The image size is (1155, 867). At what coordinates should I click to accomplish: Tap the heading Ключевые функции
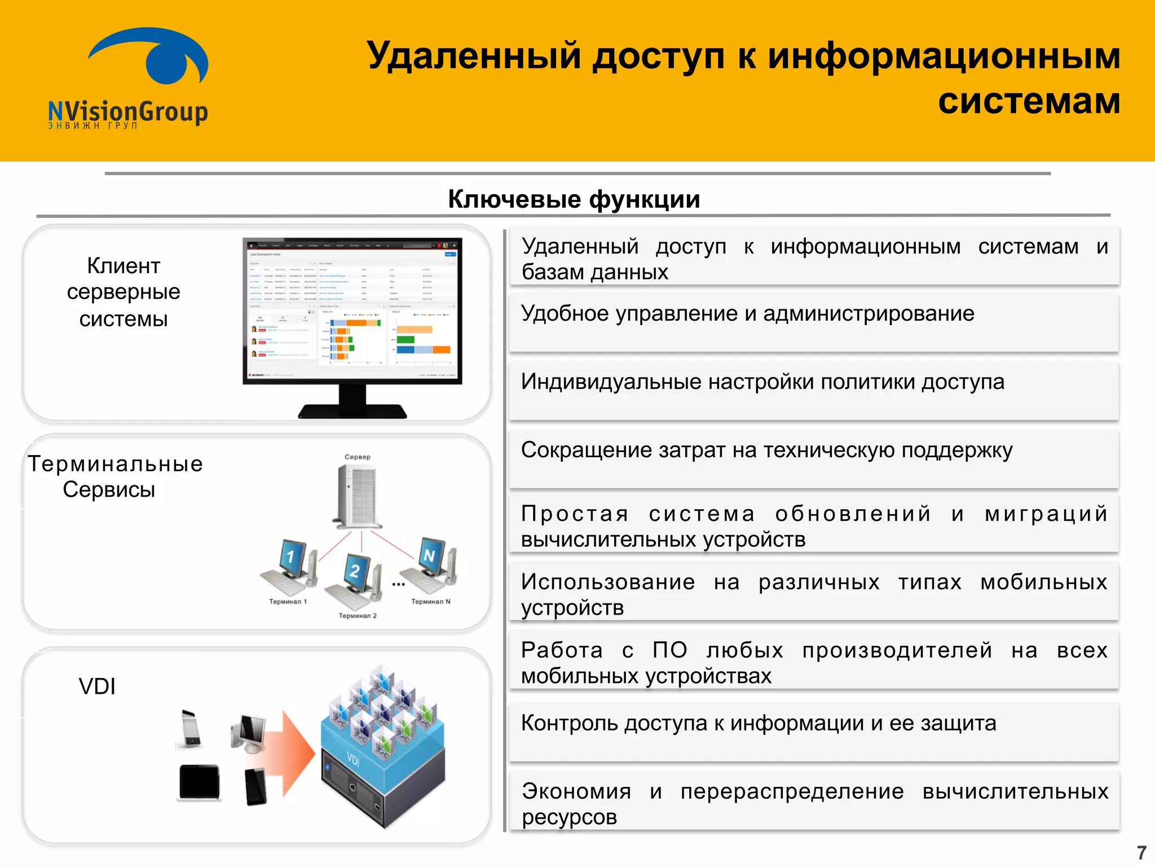tap(574, 199)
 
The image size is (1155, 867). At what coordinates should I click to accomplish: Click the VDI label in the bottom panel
tap(97, 686)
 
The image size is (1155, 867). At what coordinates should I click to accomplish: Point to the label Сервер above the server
tap(358, 457)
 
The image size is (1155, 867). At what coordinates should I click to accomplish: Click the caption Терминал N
tap(431, 602)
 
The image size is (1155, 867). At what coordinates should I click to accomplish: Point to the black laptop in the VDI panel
tap(199, 783)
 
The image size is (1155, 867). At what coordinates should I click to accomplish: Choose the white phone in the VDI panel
tap(191, 729)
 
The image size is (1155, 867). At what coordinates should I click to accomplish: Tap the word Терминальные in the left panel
tap(116, 464)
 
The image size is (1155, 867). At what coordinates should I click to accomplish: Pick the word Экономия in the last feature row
tap(576, 791)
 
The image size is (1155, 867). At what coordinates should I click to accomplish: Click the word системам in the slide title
tap(1029, 102)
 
